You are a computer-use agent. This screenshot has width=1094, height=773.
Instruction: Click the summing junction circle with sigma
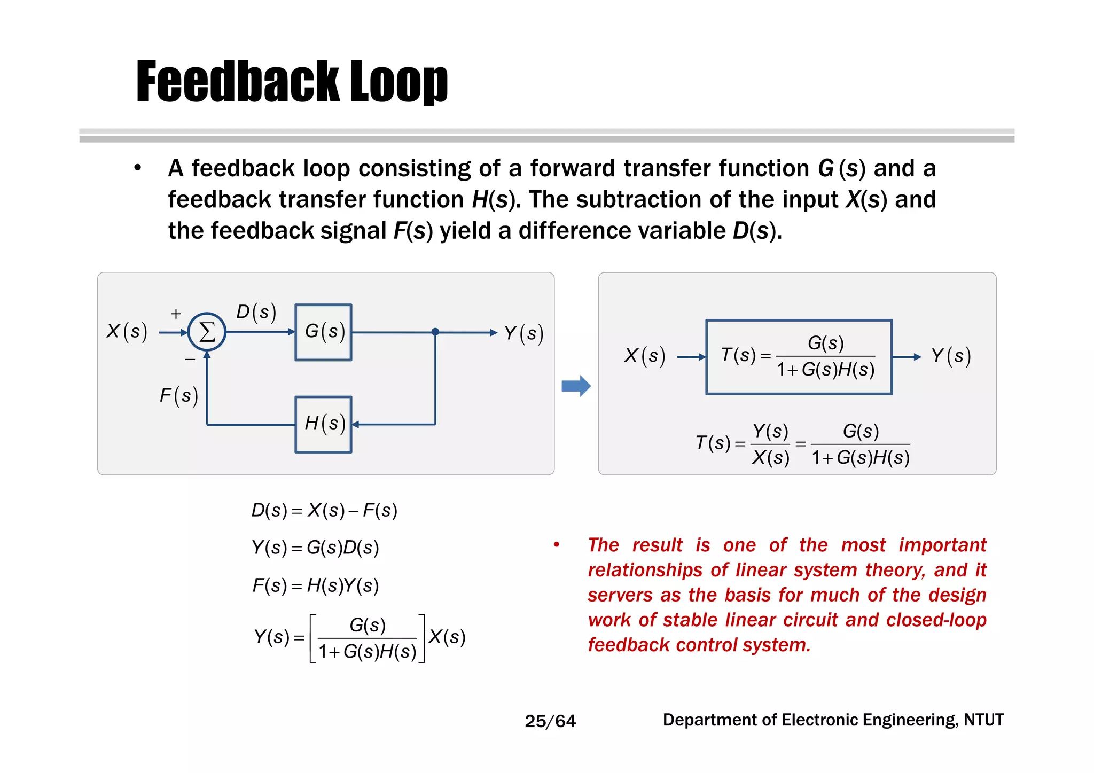click(207, 332)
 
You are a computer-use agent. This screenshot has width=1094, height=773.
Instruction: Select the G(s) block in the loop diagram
click(324, 332)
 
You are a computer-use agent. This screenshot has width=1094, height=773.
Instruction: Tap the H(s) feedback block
click(324, 424)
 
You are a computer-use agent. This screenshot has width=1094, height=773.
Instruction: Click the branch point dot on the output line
click(435, 332)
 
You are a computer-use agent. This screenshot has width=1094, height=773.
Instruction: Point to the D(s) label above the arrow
click(256, 312)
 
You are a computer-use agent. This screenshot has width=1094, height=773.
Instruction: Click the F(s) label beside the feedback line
click(179, 395)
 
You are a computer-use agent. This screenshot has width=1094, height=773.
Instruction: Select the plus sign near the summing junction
click(176, 314)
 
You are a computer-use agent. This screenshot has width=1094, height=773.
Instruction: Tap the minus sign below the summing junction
click(190, 360)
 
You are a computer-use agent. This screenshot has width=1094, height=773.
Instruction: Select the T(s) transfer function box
click(799, 357)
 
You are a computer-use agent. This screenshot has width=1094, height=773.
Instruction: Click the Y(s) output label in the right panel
click(951, 356)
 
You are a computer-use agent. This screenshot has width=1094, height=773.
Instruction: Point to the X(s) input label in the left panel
click(127, 331)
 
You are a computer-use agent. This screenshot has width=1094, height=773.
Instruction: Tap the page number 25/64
click(550, 721)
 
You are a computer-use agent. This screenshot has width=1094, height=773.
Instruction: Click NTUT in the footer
click(984, 720)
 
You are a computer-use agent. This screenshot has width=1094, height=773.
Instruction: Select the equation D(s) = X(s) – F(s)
click(324, 510)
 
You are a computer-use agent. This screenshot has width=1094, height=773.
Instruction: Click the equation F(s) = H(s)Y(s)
click(316, 585)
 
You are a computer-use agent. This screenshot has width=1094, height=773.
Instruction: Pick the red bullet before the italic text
click(557, 545)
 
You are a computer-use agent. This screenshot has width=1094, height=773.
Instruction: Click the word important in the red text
click(942, 545)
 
